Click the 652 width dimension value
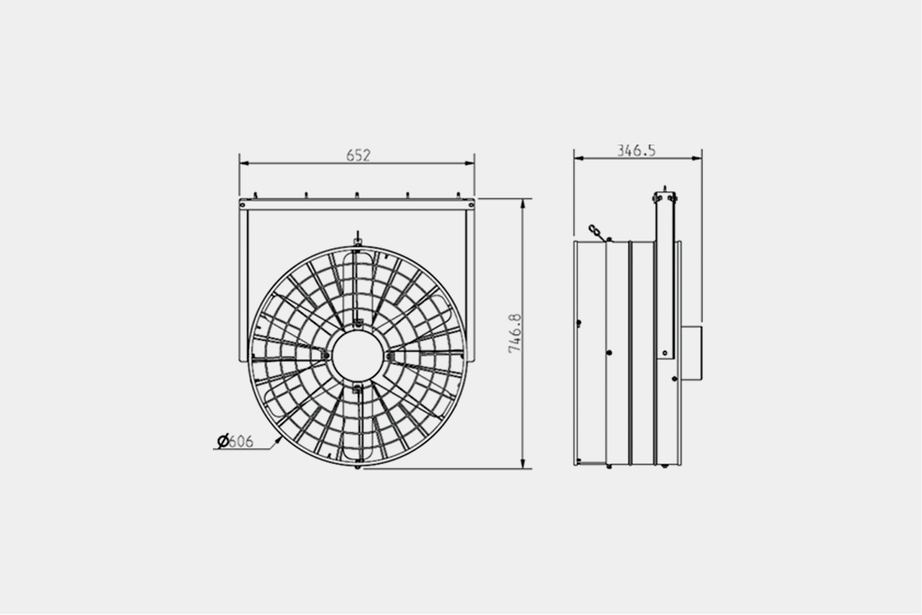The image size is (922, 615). click(358, 155)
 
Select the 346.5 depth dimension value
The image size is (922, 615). click(636, 151)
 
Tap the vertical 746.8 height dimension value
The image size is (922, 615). click(515, 333)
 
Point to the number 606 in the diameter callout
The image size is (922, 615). click(240, 441)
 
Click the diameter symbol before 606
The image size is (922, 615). click(223, 441)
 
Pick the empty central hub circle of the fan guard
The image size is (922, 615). click(358, 356)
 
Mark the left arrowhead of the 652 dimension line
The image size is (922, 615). click(244, 163)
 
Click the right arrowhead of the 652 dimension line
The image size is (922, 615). click(469, 163)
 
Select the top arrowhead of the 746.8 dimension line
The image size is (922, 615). click(523, 204)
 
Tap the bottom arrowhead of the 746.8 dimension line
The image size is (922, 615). click(523, 464)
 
